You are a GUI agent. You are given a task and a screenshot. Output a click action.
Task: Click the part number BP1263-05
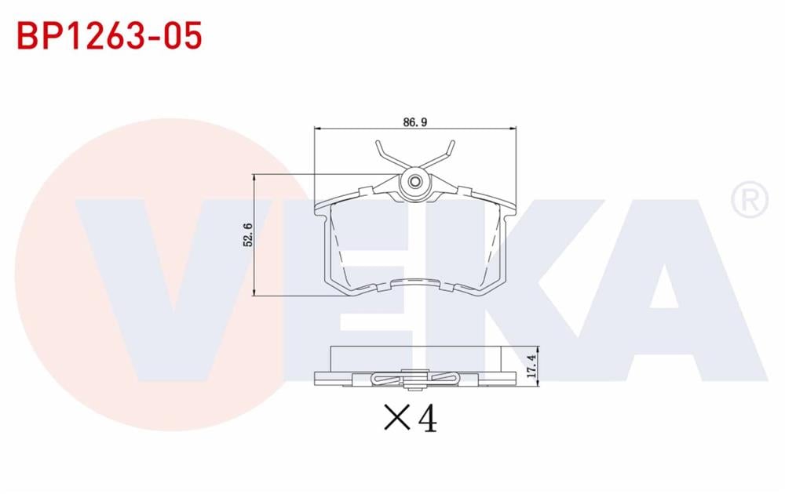(109, 35)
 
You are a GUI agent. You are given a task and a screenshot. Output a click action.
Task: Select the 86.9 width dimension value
(414, 122)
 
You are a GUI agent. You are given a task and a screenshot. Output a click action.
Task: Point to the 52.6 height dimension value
(249, 235)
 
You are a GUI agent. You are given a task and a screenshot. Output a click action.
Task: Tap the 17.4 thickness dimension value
(531, 366)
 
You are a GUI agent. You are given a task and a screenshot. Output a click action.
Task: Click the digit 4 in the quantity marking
(427, 419)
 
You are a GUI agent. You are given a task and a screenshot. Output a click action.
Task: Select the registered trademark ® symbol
(750, 200)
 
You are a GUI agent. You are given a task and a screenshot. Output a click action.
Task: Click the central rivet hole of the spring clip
(414, 183)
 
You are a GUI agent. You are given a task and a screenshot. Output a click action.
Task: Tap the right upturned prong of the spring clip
(448, 149)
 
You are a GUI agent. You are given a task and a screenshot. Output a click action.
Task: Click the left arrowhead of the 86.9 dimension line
(317, 129)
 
